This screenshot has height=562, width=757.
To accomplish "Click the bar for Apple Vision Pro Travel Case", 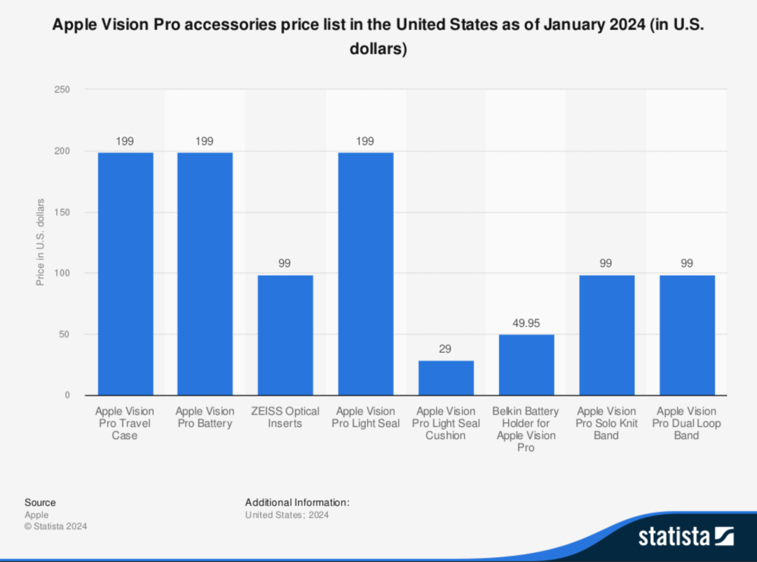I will pos(125,274).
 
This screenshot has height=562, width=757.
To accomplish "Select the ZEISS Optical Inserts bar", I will pos(285,335).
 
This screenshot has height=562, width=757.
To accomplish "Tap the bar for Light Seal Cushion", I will pos(446,377).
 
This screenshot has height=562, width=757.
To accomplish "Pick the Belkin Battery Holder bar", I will pos(526,365).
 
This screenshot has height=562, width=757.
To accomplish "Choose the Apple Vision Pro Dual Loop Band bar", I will pos(687,335).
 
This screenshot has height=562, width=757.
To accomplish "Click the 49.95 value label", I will pos(526,324).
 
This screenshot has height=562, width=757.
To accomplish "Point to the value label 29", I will pos(446,349).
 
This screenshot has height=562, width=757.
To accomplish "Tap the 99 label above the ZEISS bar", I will pos(285,263).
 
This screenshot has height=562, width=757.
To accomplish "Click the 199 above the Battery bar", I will pos(205,141).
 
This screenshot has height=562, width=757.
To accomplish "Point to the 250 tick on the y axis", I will pos(62,90).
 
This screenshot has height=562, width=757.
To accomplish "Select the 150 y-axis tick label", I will pos(62,212).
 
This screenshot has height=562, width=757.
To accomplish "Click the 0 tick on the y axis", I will pos(67,395).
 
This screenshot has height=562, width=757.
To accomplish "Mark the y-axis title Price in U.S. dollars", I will pos(41,242).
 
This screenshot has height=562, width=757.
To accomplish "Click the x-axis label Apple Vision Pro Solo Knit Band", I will pos(606,423).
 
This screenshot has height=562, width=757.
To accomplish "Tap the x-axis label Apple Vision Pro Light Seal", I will pos(366,417).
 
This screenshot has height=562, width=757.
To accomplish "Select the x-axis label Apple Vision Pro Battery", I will pos(205,417).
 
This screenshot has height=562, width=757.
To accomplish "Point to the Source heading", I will pos(40,502).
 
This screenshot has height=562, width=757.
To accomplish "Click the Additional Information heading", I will pos(297,502).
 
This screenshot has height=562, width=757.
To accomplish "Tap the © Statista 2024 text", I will pos(56,526).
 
